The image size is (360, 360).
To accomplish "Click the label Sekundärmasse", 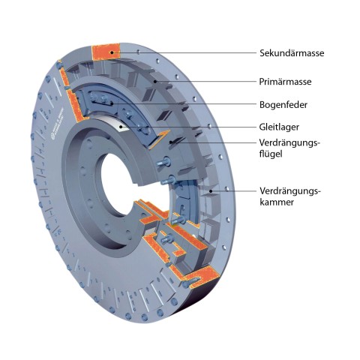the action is tap(292, 53).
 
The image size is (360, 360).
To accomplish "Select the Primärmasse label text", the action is tap(285, 82).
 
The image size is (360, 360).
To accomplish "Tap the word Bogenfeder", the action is tap(283, 104).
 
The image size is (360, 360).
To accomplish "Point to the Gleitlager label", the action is tap(279, 127).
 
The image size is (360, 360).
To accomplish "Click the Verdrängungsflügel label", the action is tap(289, 148).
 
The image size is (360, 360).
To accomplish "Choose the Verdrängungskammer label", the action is tap(290, 196).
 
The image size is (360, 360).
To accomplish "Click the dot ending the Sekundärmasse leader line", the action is tap(112, 52).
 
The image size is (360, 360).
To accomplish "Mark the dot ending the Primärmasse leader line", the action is tap(155, 81).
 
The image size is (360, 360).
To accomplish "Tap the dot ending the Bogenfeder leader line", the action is tap(112, 103).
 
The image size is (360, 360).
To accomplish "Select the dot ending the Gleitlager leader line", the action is tap(121, 127).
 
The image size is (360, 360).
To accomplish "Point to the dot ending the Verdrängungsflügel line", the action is tap(171, 142).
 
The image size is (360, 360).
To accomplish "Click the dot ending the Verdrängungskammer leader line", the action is tap(211, 191).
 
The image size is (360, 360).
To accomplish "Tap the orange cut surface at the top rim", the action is tap(106, 52).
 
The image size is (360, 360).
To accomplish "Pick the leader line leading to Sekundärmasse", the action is tap(184, 52).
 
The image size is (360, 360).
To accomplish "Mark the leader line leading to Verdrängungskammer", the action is tap(234, 191).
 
